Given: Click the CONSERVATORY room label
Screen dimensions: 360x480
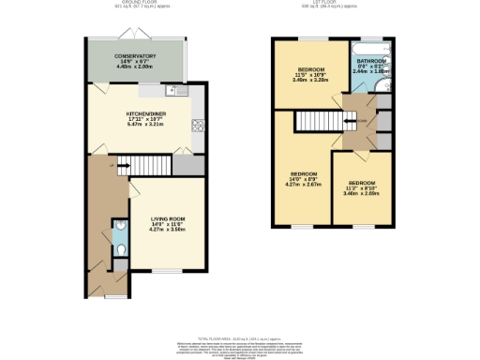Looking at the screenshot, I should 136,55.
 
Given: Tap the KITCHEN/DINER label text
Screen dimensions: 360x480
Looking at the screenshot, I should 145,113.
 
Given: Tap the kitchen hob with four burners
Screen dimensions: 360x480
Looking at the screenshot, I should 198,125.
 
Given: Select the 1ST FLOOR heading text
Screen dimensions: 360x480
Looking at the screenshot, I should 329,3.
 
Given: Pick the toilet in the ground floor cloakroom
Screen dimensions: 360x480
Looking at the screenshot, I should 121,240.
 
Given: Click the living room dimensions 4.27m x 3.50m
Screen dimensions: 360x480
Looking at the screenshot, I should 169,229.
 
